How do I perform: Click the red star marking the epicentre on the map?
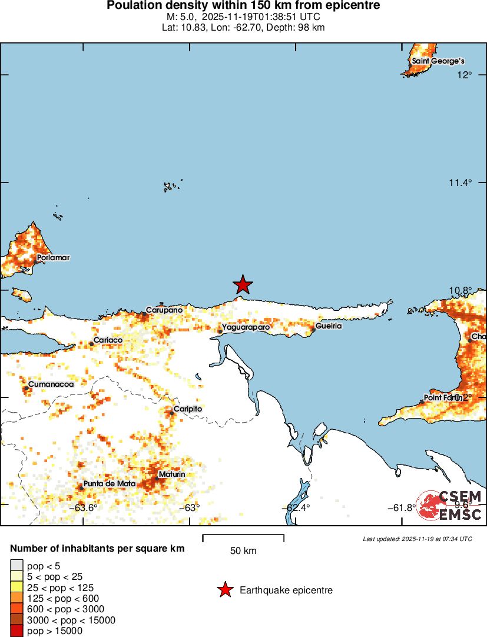point(243,285)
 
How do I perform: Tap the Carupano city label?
point(164,310)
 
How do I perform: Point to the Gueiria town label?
point(328,326)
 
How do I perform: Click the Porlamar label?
point(53,258)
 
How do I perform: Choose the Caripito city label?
point(187,409)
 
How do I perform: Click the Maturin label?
point(172,475)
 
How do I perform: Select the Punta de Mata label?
point(110,484)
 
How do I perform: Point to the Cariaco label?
point(108,340)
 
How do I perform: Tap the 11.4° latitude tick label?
point(460,183)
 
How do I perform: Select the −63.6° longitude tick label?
point(83,508)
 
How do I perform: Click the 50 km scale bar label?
point(243,551)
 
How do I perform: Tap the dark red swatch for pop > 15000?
point(18,631)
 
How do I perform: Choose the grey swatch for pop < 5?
point(18,565)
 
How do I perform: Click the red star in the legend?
point(224,590)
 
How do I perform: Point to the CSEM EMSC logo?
point(450,505)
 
